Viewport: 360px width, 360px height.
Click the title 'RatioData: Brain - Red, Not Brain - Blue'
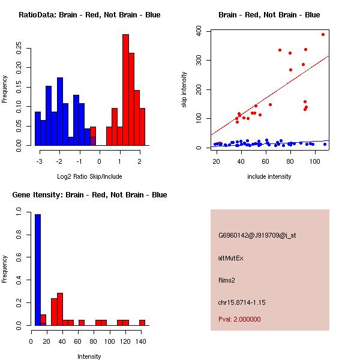89,15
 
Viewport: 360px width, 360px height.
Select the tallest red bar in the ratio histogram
125,90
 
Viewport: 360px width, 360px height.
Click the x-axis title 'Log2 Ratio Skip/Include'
89,176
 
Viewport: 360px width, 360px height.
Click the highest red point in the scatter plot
323,34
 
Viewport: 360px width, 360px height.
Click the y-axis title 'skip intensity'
185,90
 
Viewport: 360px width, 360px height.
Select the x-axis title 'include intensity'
269,176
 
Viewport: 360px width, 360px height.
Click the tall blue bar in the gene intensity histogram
37,269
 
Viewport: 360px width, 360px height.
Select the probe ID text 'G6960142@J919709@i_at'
257,235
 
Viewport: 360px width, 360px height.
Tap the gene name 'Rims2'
227,280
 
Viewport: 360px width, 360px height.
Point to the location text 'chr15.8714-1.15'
242,302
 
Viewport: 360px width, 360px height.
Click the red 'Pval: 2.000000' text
239,319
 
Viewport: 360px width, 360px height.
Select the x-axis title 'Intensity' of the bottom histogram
89,356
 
